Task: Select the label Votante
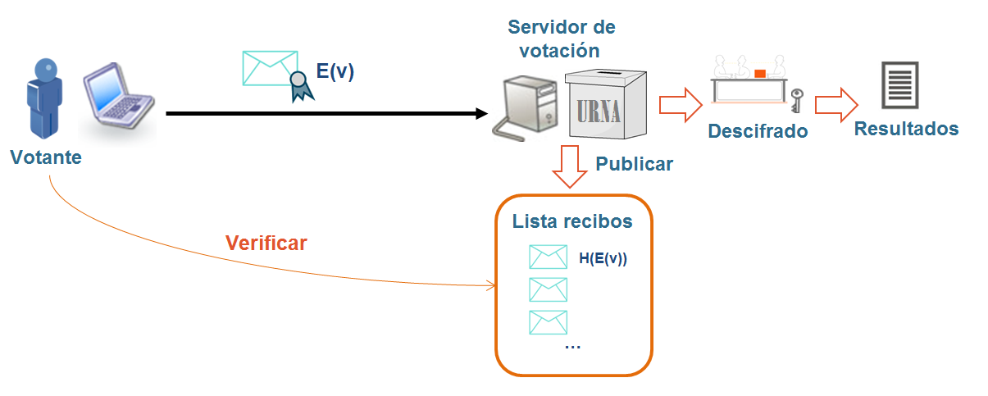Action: (x=46, y=157)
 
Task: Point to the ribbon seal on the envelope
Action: (x=302, y=85)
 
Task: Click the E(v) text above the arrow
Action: (x=335, y=71)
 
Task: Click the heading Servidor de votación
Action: (x=562, y=39)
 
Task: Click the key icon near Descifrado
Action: (x=795, y=100)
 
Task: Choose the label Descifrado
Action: (x=758, y=131)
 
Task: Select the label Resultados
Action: (x=906, y=130)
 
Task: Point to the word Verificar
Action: (x=266, y=244)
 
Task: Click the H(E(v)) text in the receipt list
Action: (x=603, y=259)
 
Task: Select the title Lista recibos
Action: (x=571, y=221)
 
